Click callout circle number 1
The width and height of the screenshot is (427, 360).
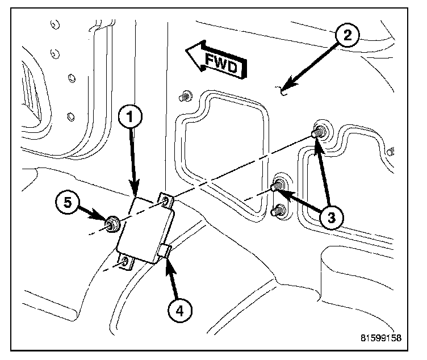point(131,118)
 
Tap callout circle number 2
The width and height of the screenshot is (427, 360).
point(347,35)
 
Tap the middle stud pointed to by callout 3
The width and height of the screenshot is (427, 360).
point(278,185)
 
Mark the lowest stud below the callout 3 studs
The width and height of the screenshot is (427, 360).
point(278,211)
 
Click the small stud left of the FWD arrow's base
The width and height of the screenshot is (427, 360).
point(186,96)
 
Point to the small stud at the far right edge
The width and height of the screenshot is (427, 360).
point(390,152)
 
